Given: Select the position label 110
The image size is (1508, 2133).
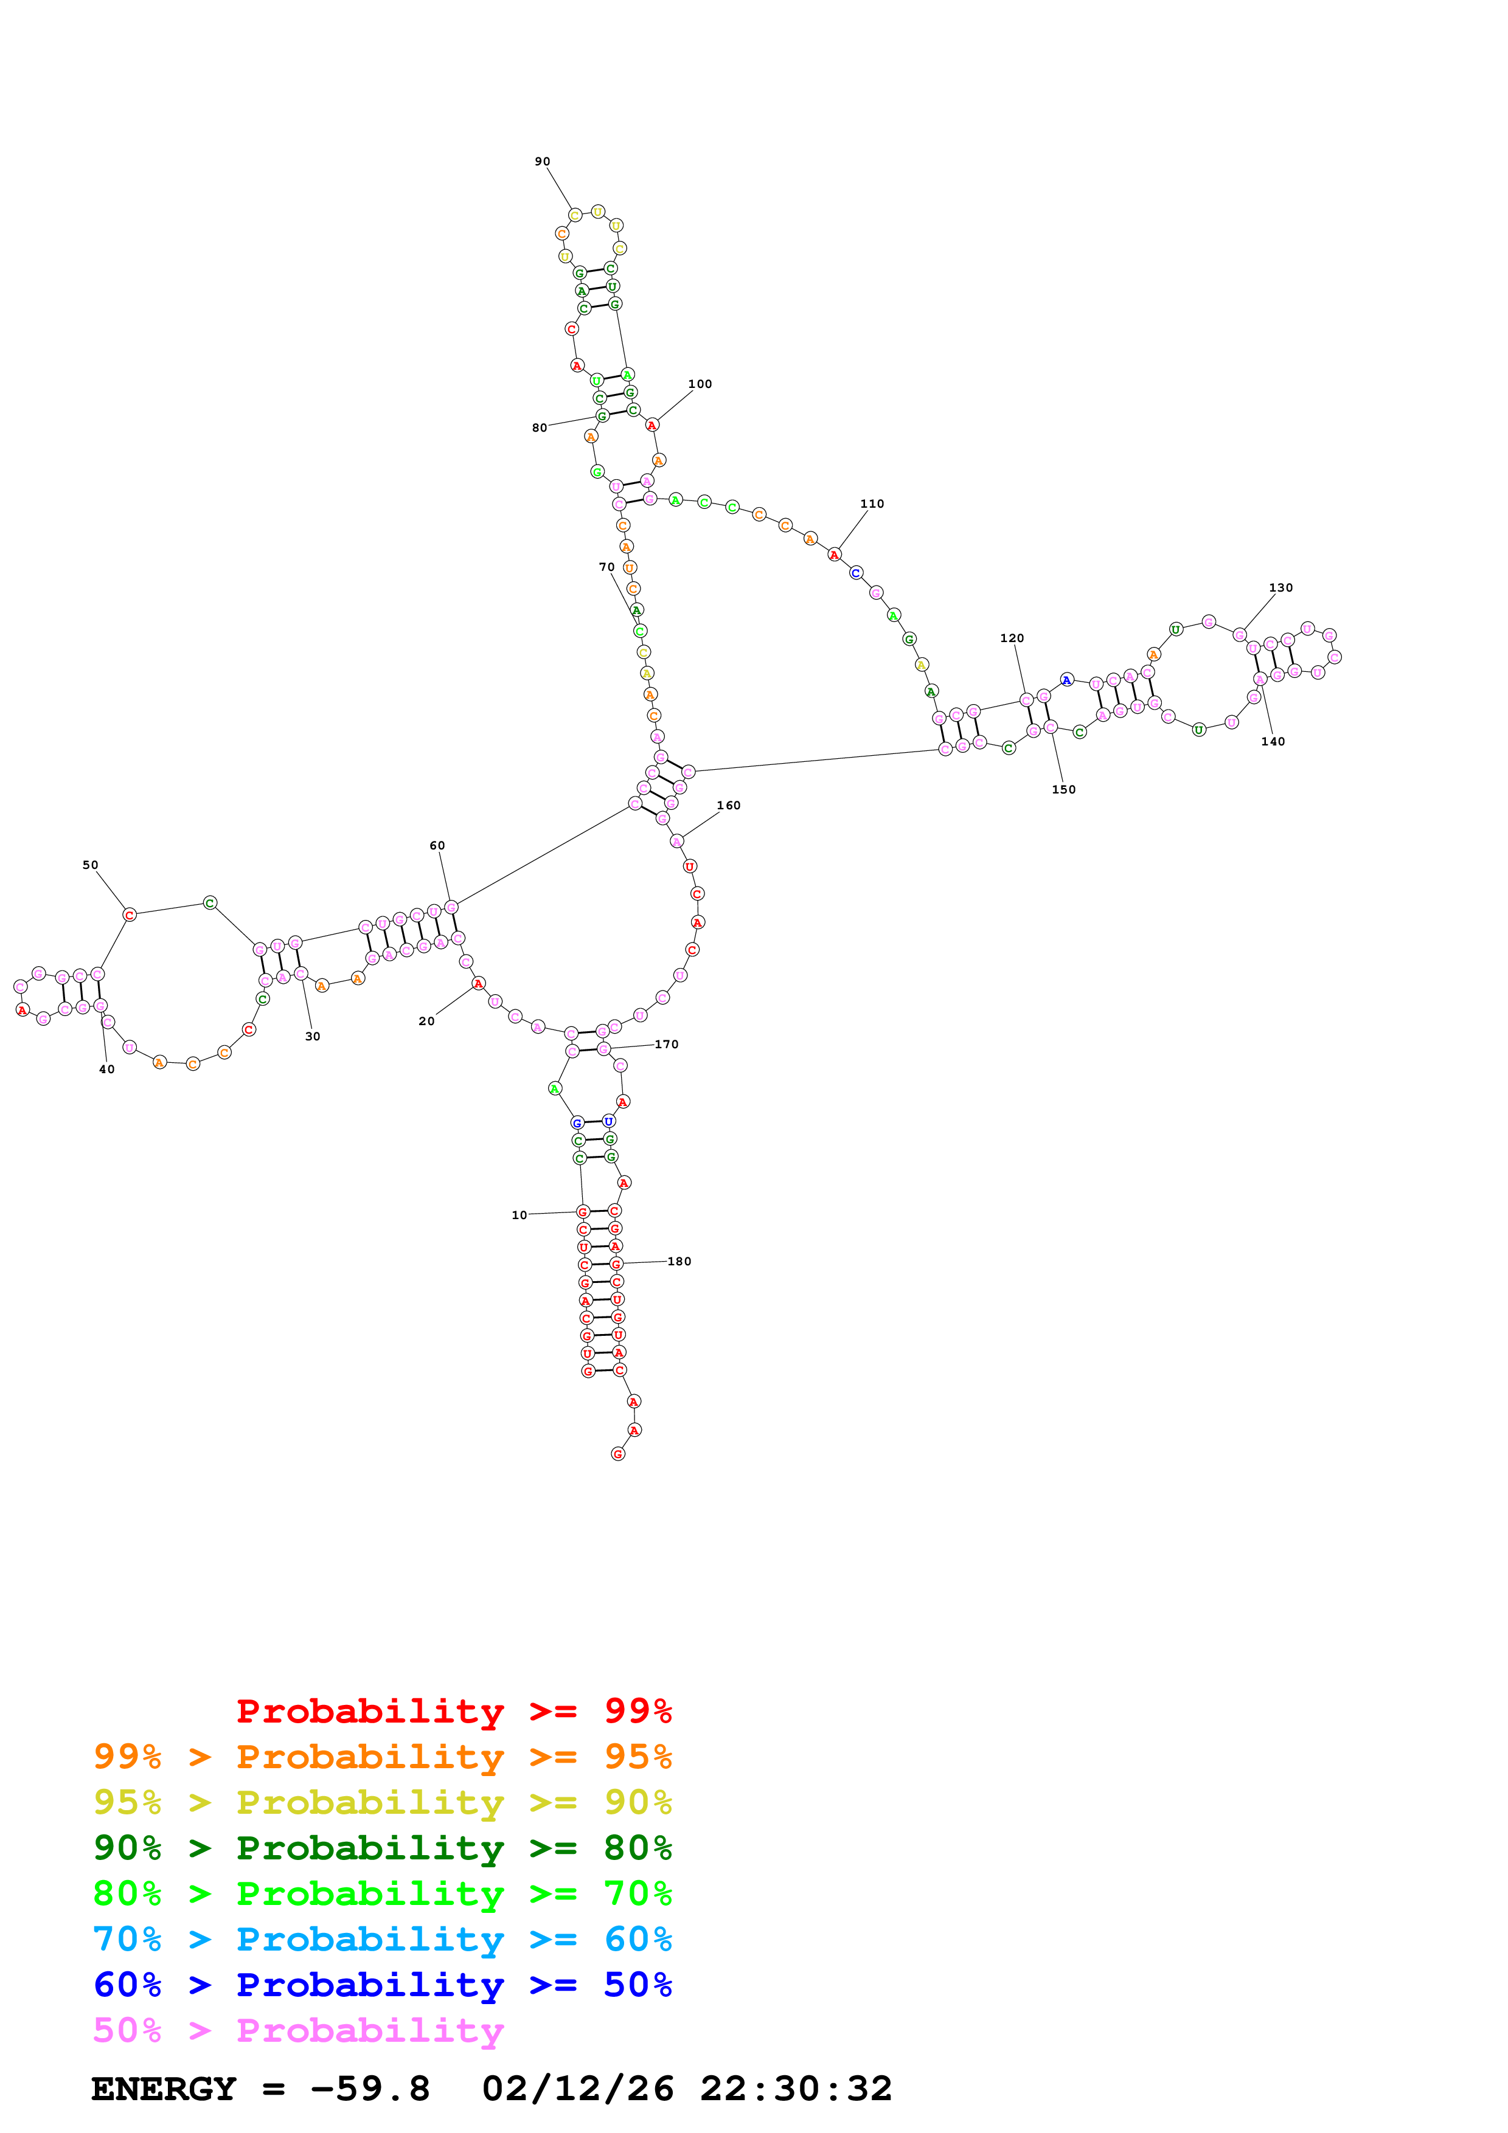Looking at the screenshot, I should tap(872, 503).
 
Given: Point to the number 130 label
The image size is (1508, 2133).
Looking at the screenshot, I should tap(1280, 587).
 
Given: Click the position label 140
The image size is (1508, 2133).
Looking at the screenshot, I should tap(1273, 741).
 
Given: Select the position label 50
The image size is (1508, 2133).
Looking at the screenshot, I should tap(90, 865).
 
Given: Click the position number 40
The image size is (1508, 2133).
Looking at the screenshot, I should tap(107, 1070).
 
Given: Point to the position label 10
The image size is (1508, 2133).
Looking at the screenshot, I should tap(519, 1215).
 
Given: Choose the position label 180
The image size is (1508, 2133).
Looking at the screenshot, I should tap(679, 1262).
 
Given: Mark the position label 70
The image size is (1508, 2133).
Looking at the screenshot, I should tap(606, 567).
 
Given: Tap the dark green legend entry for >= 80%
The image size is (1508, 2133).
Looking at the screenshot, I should tap(382, 1848).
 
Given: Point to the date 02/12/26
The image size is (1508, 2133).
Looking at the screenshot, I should tap(577, 2089).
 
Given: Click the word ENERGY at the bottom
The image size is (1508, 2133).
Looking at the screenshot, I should tap(164, 2089).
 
